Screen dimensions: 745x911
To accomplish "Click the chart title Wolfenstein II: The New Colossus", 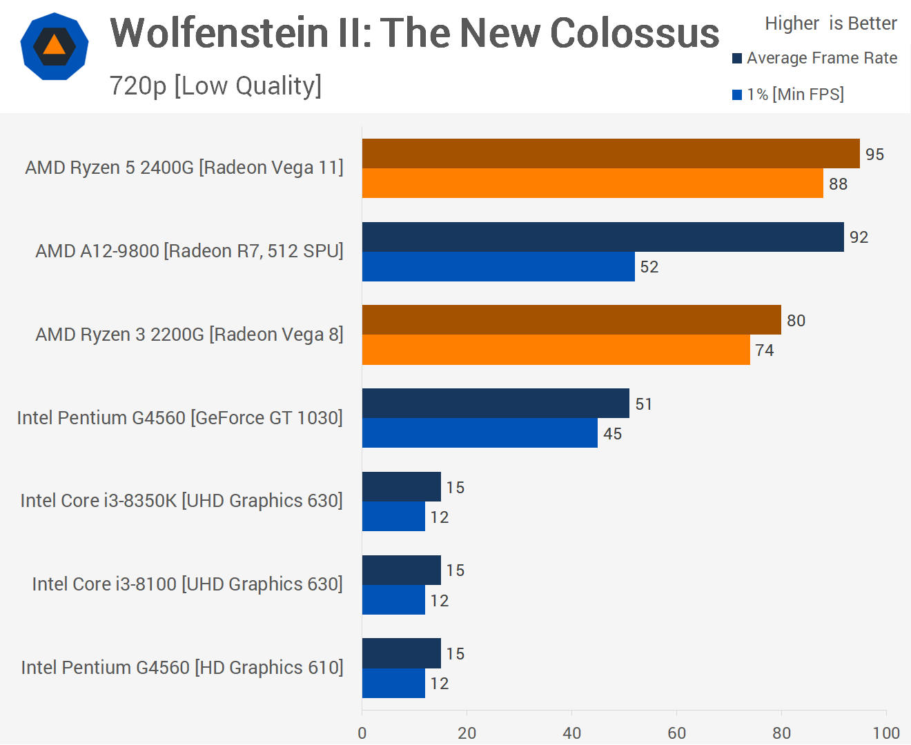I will tap(414, 33).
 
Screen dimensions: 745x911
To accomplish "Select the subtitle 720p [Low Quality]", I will tap(215, 86).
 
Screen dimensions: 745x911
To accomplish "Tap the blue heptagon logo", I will tap(55, 46).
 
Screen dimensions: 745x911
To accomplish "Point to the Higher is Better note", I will tap(830, 23).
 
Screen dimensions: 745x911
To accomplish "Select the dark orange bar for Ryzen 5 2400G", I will tap(611, 153).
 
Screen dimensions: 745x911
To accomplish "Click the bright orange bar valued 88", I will tap(592, 183).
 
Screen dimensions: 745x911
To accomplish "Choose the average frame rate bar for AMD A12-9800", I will tap(603, 237).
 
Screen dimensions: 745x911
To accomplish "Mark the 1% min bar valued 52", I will tap(498, 267).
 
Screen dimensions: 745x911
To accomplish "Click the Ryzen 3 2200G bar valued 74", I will tap(556, 350).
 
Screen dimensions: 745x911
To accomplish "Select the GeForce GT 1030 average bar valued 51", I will tap(496, 404).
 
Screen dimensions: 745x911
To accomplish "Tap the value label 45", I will tap(612, 434).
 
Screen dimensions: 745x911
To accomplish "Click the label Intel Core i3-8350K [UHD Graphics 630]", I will tap(182, 501).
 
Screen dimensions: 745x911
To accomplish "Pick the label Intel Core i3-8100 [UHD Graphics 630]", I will tap(187, 584).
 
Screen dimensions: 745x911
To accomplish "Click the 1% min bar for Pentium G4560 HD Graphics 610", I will tap(393, 684).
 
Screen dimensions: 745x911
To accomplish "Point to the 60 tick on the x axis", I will tap(676, 733).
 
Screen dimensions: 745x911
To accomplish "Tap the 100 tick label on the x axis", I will tap(886, 733).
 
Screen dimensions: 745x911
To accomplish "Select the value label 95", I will tap(874, 155).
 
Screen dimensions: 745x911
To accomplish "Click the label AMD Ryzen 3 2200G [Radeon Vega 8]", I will tap(189, 335).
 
